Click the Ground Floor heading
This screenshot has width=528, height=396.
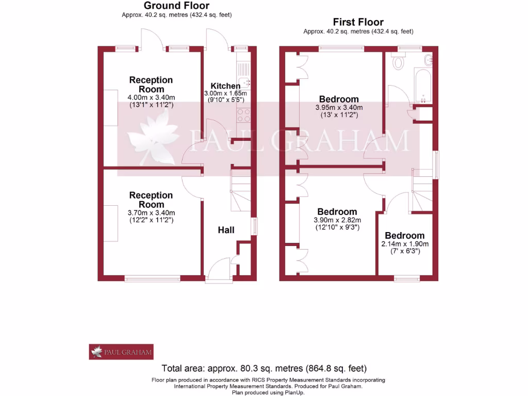(176, 6)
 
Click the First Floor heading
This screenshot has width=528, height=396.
(358, 22)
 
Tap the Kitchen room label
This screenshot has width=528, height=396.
(225, 86)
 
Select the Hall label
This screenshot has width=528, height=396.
(226, 229)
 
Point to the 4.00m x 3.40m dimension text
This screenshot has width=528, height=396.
(151, 97)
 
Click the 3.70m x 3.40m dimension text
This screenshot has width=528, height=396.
(151, 212)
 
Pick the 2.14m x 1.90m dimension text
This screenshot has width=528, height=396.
(405, 244)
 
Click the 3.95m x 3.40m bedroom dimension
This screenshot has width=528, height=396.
(339, 108)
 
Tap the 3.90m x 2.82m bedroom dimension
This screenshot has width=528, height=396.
(337, 220)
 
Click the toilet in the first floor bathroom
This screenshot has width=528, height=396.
(398, 62)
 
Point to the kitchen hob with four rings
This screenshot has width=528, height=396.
(243, 114)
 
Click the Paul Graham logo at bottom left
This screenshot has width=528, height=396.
(121, 352)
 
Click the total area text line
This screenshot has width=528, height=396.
(264, 368)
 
